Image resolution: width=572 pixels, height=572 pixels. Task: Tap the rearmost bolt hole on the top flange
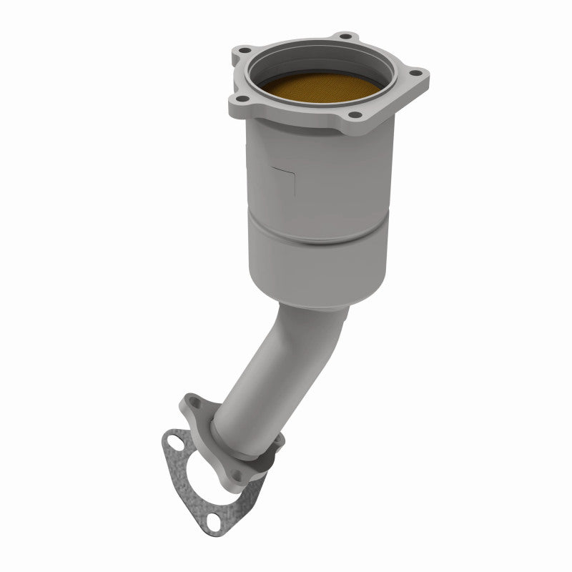click(x=345, y=36)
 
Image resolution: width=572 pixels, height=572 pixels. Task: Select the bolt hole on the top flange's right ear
click(x=415, y=72)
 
